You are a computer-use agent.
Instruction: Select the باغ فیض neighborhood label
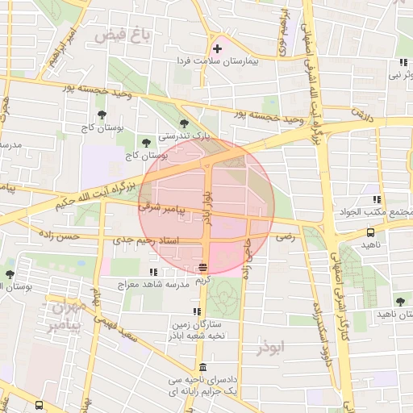pyautogui.click(x=122, y=35)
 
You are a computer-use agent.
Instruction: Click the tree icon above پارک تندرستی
pyautogui.click(x=185, y=123)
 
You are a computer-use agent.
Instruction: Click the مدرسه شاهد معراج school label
pyautogui.click(x=153, y=285)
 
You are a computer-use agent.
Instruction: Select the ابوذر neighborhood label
pyautogui.click(x=271, y=349)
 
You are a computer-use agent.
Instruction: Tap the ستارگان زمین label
pyautogui.click(x=196, y=325)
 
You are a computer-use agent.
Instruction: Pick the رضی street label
pyautogui.click(x=285, y=238)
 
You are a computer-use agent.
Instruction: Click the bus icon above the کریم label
pyautogui.click(x=203, y=267)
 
